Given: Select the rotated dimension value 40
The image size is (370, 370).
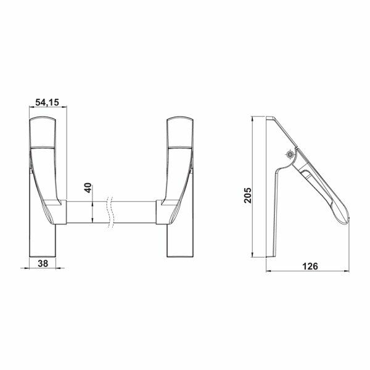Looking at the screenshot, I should pos(88,188).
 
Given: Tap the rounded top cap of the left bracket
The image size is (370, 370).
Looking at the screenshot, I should pos(43,126).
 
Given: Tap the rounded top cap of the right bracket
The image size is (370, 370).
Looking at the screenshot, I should pos(179,126).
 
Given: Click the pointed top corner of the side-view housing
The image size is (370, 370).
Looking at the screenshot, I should pos(266,117).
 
